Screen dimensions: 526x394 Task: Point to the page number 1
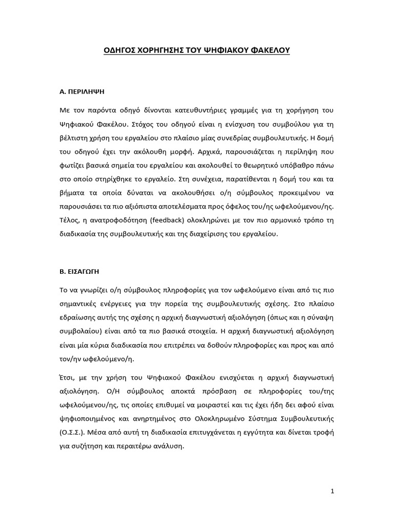(332, 491)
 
